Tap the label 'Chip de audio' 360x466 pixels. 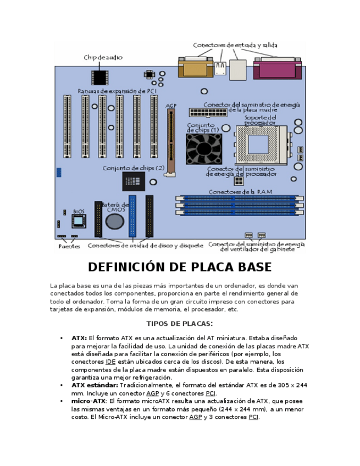pos(103,57)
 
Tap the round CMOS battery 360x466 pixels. pos(115,221)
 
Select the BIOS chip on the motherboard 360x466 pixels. pos(79,221)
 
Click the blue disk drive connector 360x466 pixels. pos(132,216)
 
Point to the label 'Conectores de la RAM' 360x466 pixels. pos(240,192)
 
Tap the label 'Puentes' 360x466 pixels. pos(69,247)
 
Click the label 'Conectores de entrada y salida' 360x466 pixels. pos(235,45)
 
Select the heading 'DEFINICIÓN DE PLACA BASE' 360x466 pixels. pos(180,267)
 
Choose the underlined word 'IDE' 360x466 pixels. pos(110,362)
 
